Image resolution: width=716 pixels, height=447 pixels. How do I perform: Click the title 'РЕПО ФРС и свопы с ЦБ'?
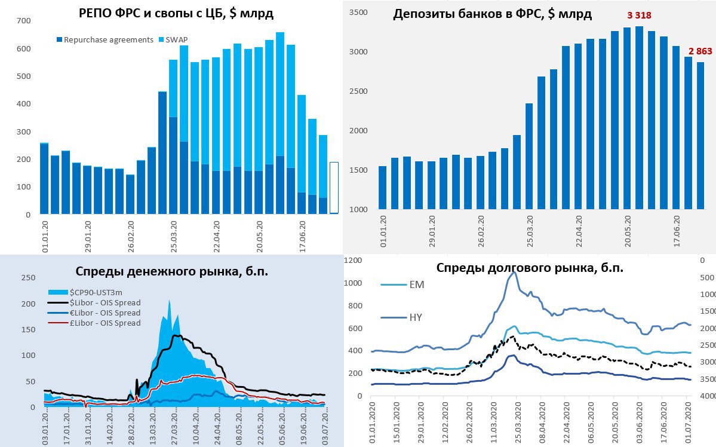176,13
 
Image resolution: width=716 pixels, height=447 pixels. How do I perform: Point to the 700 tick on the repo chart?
24,21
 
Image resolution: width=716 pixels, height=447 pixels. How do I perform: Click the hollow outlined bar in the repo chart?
334,188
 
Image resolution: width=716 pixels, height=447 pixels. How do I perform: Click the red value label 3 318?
639,15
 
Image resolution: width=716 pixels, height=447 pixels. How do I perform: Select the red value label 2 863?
700,52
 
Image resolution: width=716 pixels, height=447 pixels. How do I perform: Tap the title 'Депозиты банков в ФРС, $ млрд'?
492,14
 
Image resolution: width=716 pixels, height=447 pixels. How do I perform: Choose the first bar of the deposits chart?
382,188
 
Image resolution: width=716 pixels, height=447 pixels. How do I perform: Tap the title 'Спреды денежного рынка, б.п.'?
172,271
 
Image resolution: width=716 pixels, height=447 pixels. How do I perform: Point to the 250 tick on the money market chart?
27,278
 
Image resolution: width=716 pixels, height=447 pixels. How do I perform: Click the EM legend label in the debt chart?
417,285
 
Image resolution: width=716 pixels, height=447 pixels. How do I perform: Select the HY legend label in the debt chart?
416,317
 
